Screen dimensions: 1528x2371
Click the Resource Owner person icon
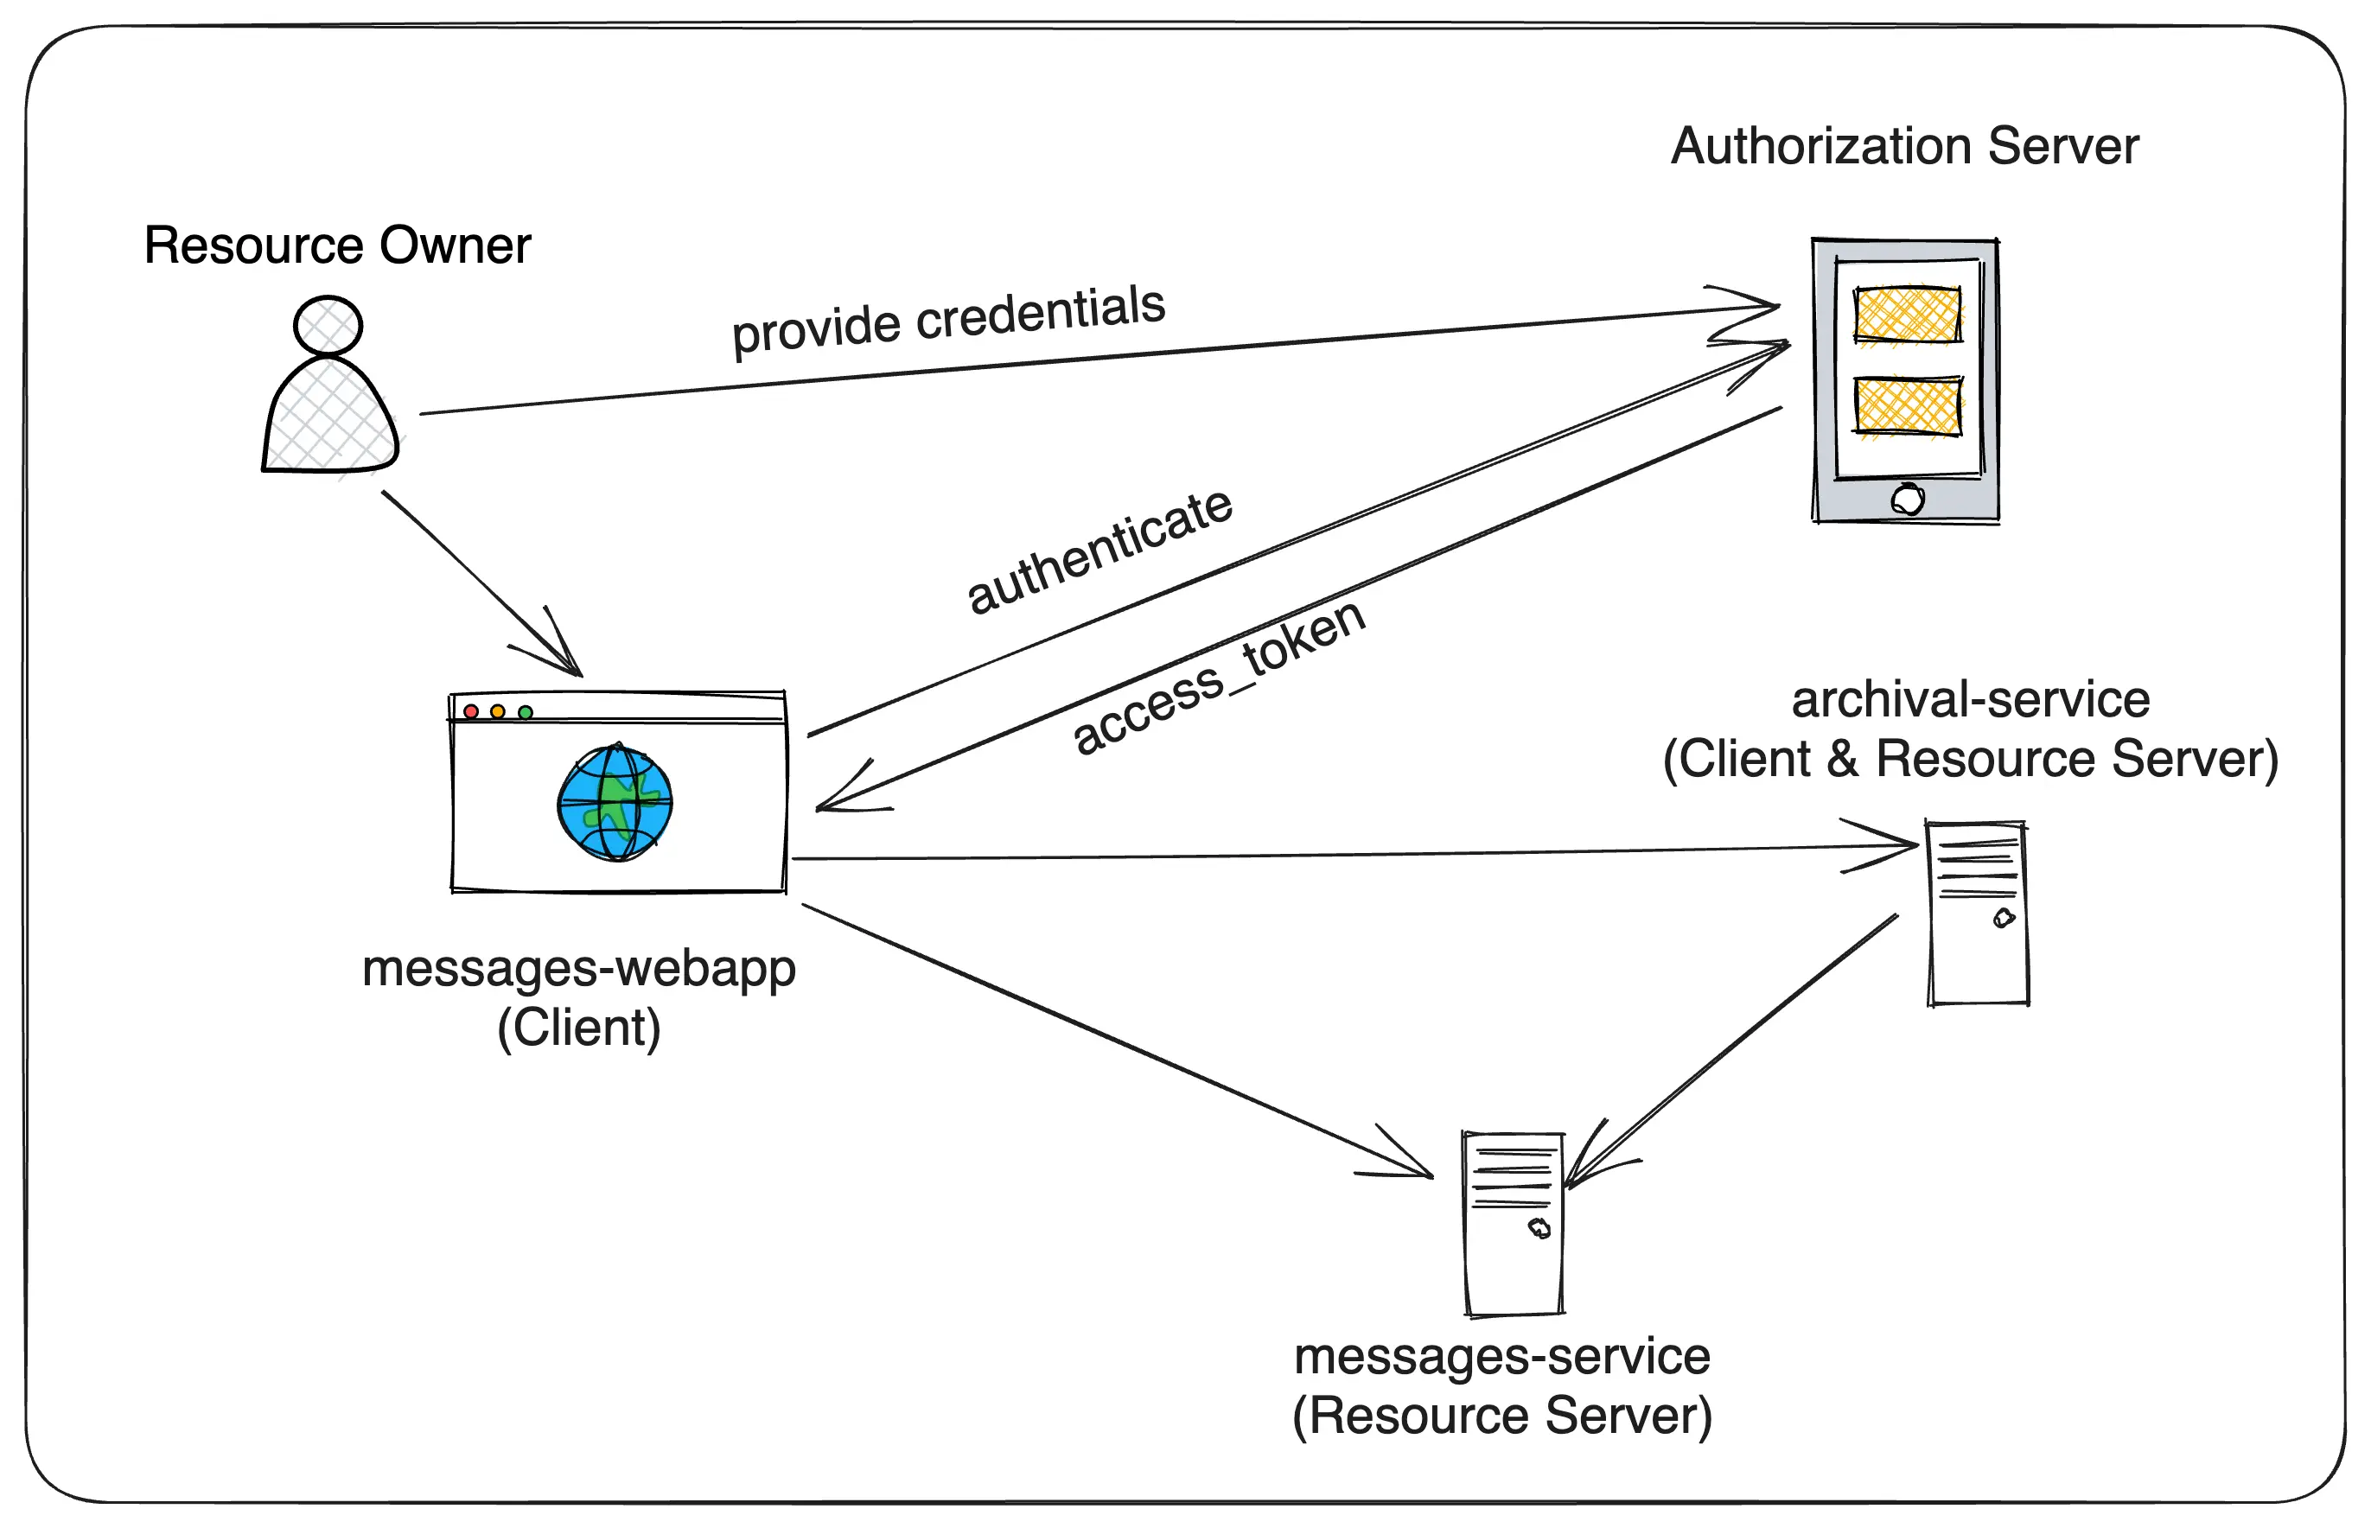click(330, 397)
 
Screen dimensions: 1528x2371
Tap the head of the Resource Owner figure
click(328, 326)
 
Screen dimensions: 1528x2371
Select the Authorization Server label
click(1905, 146)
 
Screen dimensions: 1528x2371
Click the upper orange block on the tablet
click(1908, 315)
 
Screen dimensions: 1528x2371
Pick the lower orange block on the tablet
click(1908, 406)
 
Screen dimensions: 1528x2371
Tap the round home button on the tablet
click(1908, 499)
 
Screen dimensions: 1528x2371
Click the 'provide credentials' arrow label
click(948, 319)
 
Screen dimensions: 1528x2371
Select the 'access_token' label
click(1220, 677)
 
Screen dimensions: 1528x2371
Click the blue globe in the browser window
click(615, 803)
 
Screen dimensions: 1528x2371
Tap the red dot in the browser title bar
click(471, 711)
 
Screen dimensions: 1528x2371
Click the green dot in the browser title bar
click(526, 712)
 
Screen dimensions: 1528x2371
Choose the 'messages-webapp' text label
click(579, 967)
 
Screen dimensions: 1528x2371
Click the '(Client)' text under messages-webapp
click(579, 1027)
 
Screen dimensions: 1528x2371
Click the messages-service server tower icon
click(1513, 1224)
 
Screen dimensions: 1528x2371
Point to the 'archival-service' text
click(1970, 699)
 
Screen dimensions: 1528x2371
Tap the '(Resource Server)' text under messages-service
click(1502, 1415)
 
